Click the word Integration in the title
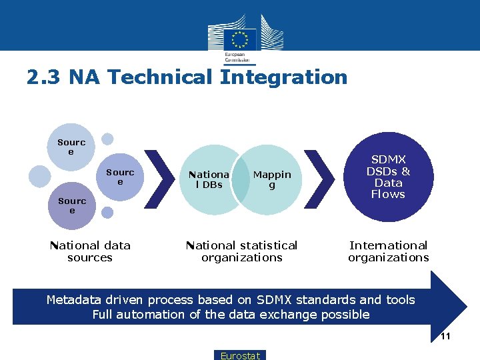pos(284,77)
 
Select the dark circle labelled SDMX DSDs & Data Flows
pos(388,177)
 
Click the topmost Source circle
pos(71,147)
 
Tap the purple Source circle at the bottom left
pos(72,205)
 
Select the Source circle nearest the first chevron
pos(120,177)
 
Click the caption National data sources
pos(90,251)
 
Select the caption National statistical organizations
pos(242,251)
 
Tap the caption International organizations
pos(388,251)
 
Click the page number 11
pos(445,337)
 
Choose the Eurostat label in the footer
pos(241,355)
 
